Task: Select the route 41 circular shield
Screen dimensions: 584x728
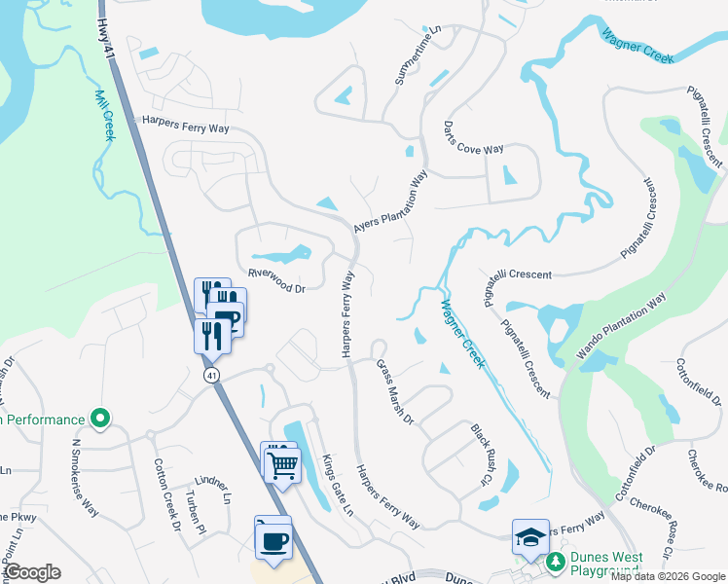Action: (x=211, y=375)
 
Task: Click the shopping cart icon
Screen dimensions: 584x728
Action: (x=282, y=465)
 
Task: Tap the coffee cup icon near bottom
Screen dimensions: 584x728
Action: (x=273, y=539)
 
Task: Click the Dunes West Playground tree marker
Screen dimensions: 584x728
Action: (x=555, y=561)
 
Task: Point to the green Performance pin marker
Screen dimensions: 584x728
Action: (x=99, y=420)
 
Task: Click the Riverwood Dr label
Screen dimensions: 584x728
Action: (x=276, y=281)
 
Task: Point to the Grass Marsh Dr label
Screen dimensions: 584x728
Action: (x=395, y=391)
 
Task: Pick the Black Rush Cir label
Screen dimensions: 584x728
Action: (x=478, y=455)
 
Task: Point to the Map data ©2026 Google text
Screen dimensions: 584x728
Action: (x=667, y=576)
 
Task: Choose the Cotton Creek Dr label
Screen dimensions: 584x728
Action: (x=164, y=494)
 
